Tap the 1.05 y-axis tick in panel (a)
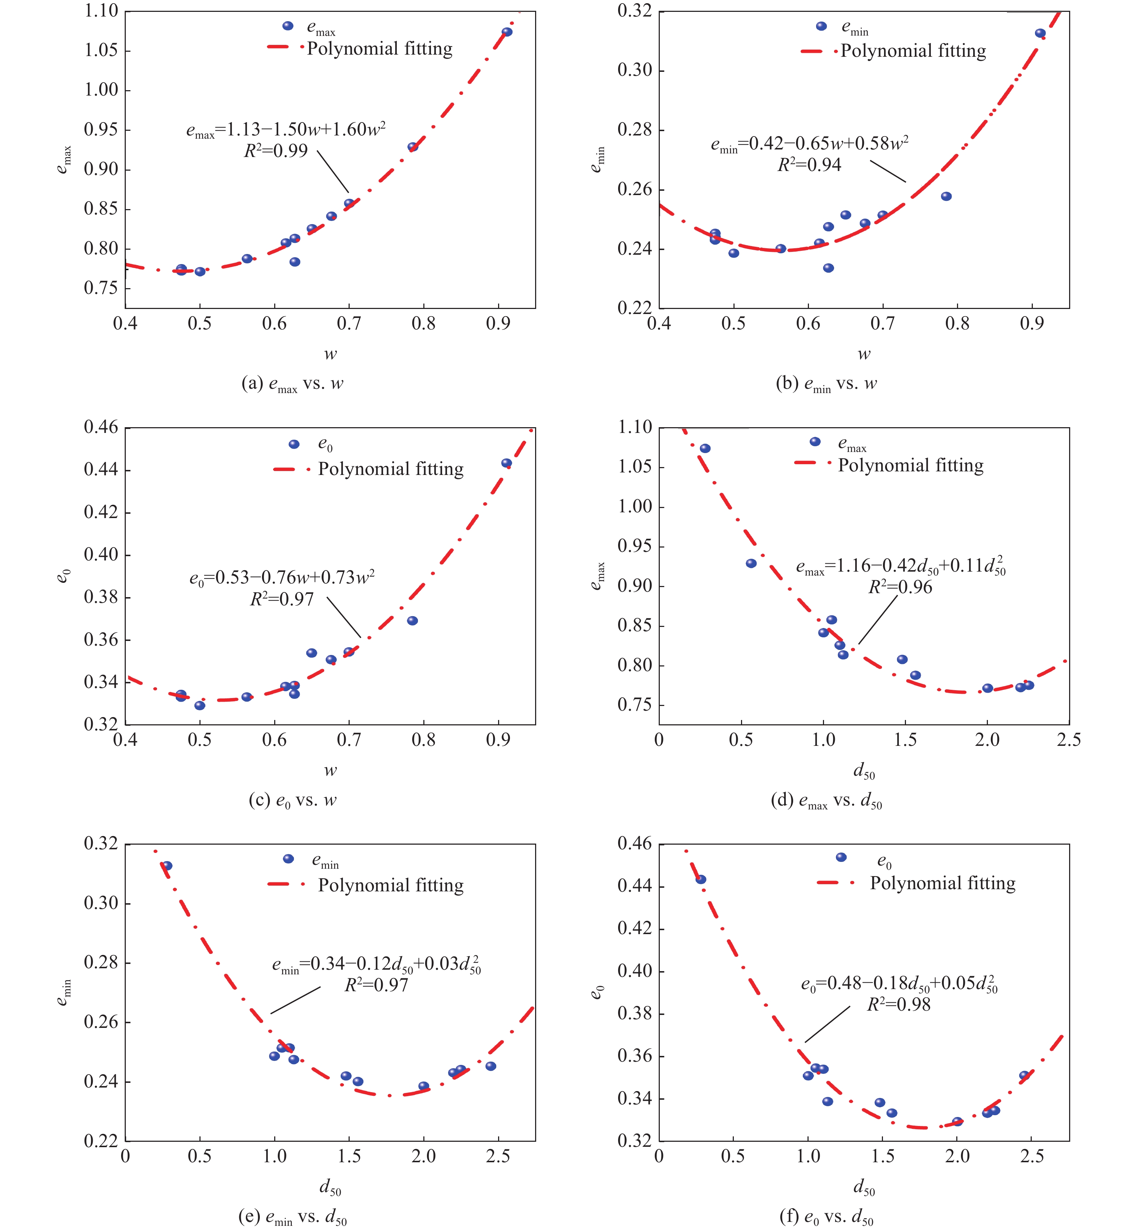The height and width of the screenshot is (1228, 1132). [101, 50]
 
